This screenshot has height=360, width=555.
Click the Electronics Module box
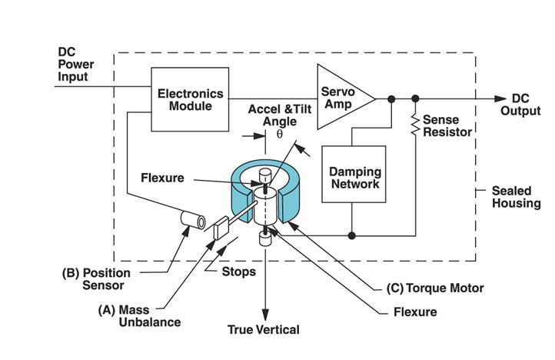coord(190,99)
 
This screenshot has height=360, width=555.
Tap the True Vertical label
coord(264,330)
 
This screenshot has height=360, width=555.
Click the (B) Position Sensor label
coord(96,279)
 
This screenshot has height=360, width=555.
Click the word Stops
coord(239,272)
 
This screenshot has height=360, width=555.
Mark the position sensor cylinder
coord(192,221)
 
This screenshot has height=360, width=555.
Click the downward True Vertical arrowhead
coord(264,313)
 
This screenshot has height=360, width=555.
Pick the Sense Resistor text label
coord(447,125)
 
